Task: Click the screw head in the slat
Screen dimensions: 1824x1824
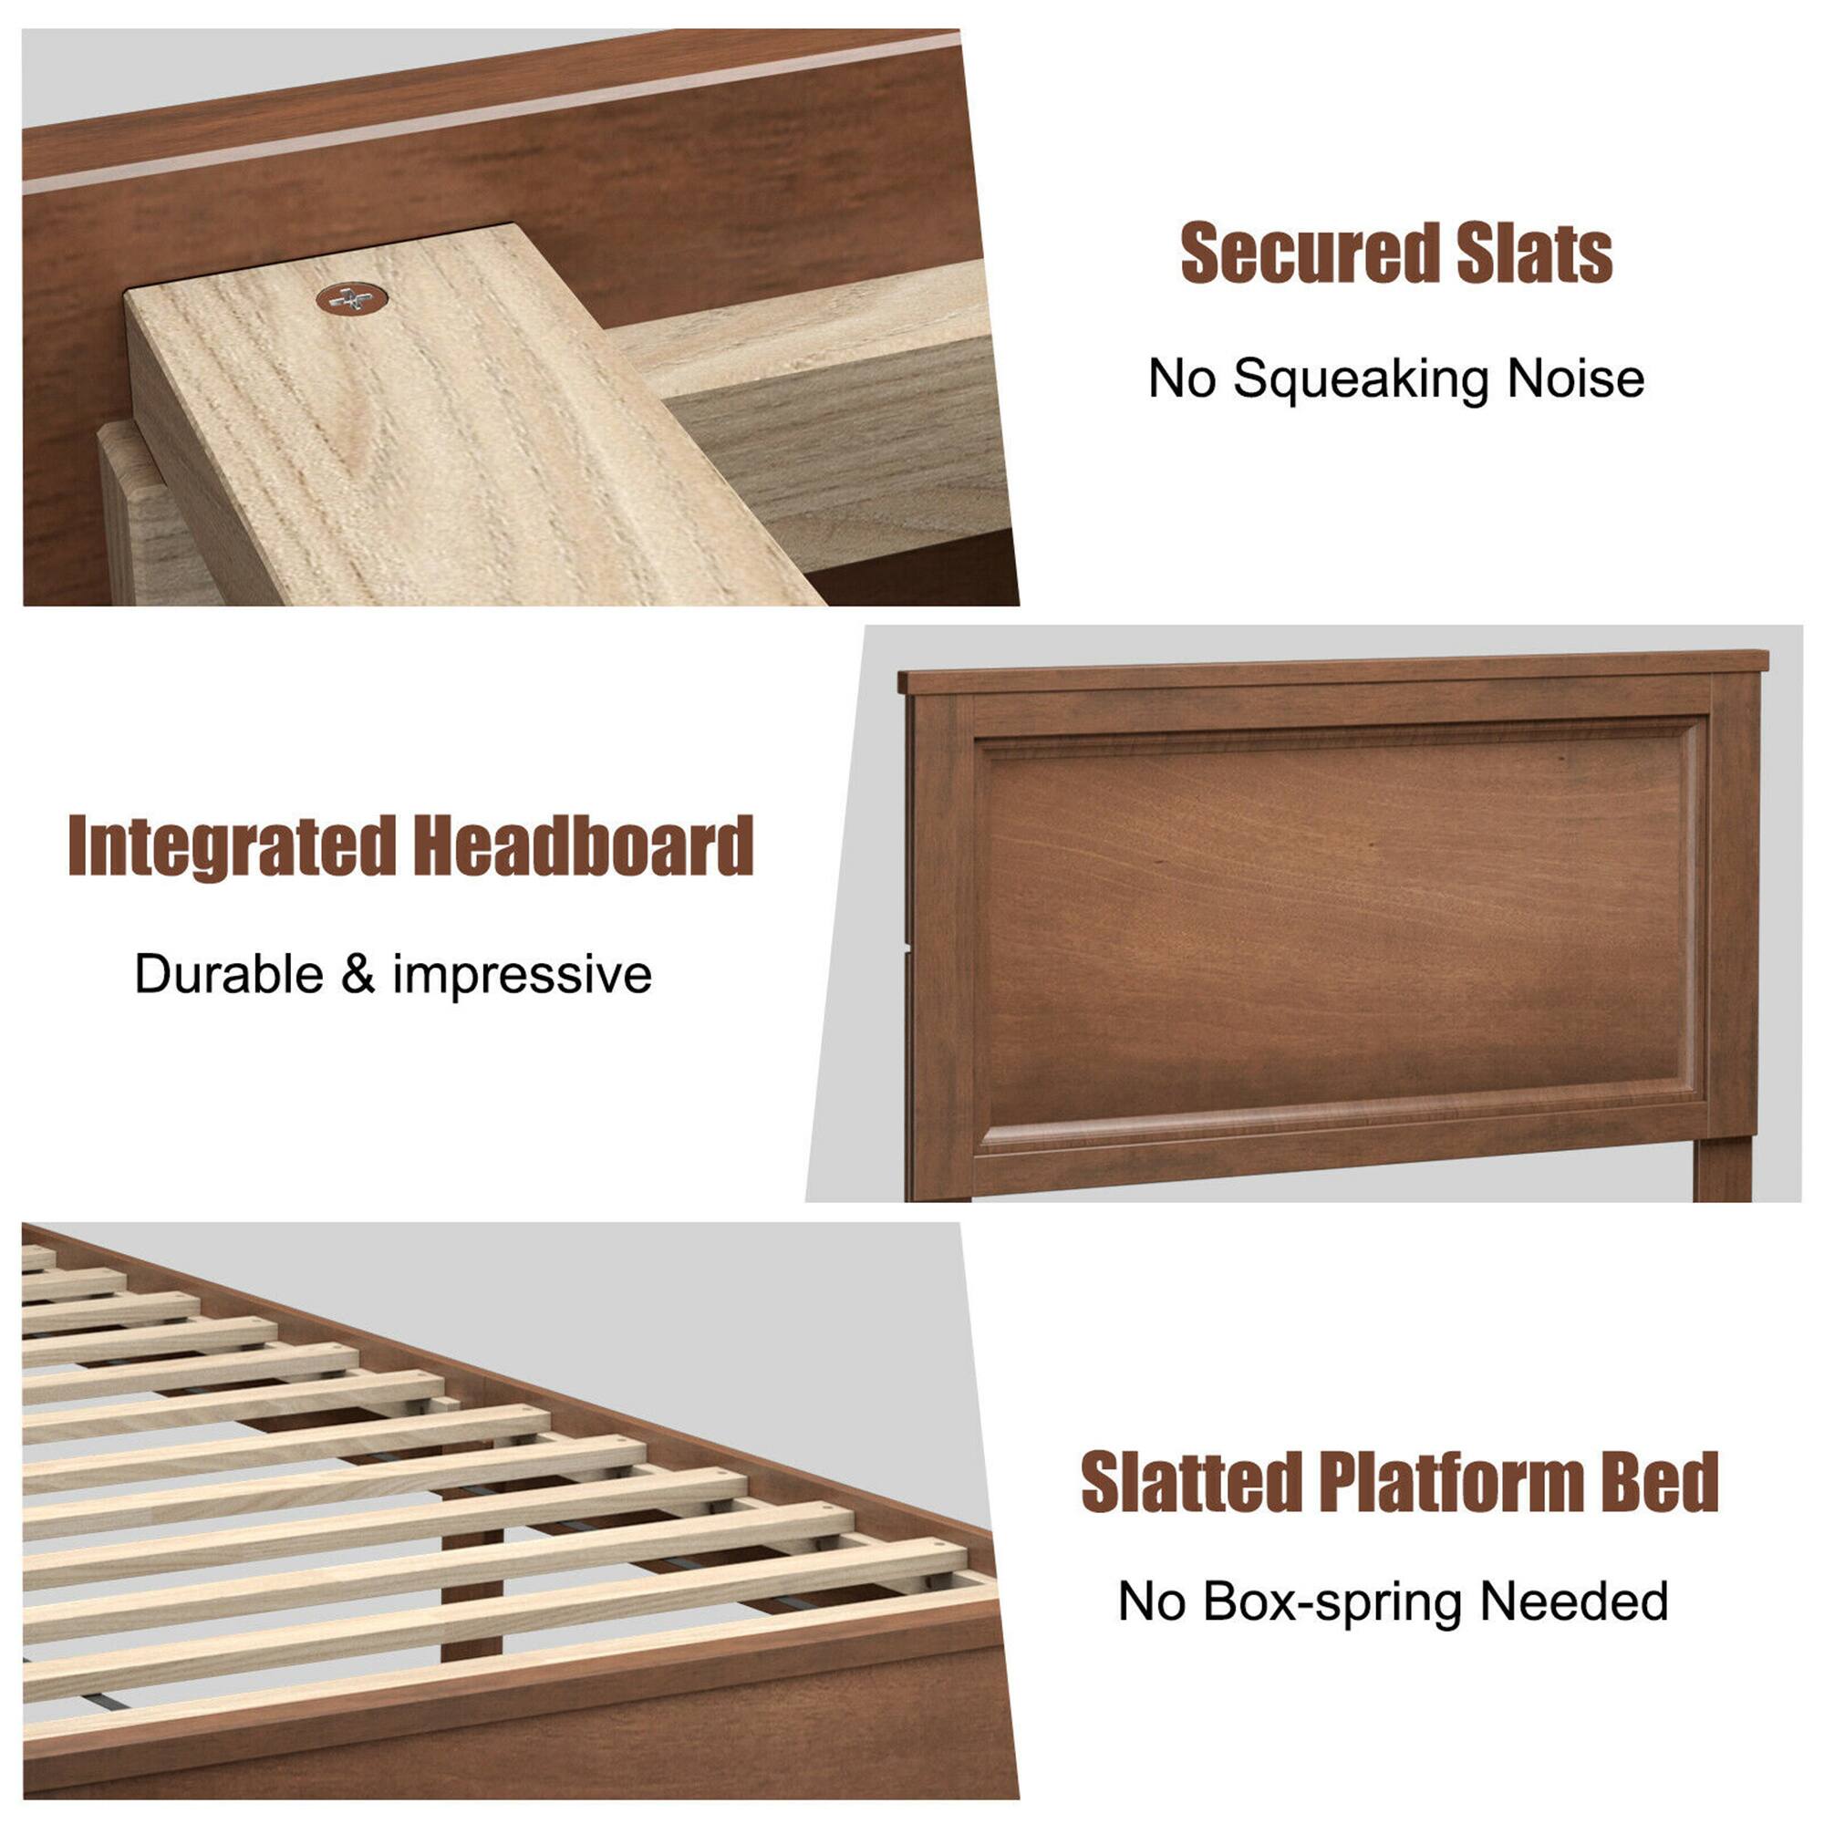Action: coord(351,299)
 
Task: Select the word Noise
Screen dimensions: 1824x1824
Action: coord(1576,378)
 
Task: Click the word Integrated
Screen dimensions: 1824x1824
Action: coord(232,846)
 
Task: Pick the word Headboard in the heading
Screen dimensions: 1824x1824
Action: coord(583,846)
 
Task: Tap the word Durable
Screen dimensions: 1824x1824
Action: coord(230,973)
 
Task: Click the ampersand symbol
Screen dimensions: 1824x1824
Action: coord(358,973)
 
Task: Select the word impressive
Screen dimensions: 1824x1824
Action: coord(522,975)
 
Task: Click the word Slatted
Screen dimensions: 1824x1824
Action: coord(1191,1480)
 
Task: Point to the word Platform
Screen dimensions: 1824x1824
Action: coord(1450,1480)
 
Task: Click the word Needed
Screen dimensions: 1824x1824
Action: coord(1575,1602)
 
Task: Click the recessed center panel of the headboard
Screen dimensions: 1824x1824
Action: coord(1336,920)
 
